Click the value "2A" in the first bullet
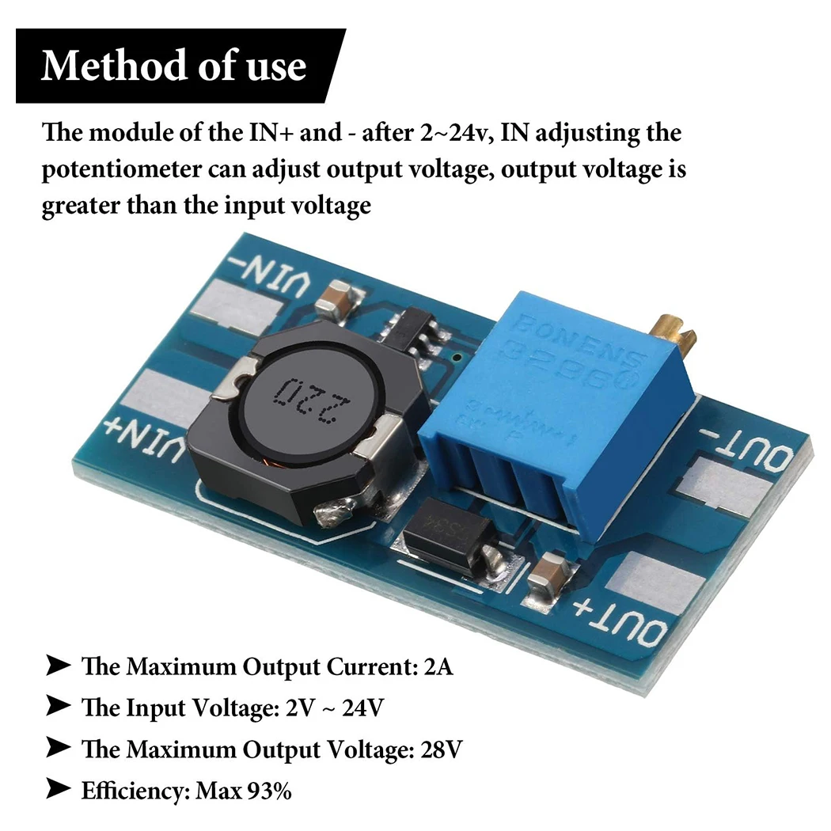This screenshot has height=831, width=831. click(438, 666)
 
